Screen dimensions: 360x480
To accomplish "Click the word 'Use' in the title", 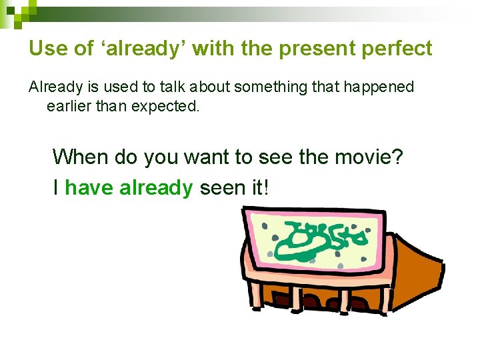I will point(45,49).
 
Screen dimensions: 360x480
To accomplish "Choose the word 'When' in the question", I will point(80,157).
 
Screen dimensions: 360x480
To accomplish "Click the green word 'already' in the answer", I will point(156,187).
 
